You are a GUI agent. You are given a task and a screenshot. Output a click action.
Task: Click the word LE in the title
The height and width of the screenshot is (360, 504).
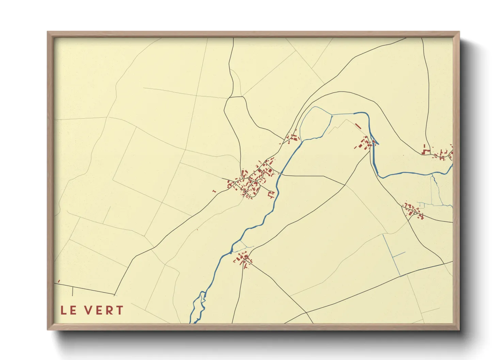68,310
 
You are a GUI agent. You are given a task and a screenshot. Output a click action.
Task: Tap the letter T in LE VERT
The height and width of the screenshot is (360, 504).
119,310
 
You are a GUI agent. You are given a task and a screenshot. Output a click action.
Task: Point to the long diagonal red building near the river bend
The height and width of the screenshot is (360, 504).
358,126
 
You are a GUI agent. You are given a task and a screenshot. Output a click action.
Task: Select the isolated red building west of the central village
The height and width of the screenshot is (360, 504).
214,191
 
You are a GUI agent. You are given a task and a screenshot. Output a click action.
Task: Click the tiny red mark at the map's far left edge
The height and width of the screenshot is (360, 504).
59,281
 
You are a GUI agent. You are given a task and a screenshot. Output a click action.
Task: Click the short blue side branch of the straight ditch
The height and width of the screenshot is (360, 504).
399,254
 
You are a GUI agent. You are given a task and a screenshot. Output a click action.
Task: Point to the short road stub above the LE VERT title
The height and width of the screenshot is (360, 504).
73,291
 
